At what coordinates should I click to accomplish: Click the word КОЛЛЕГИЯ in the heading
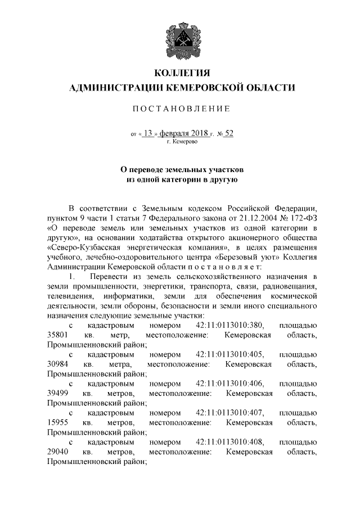[x=180, y=74]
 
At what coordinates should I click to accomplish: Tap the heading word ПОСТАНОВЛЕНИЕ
[x=181, y=108]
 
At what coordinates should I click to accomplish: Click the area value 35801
[x=57, y=335]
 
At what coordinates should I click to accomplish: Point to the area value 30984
[x=57, y=364]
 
